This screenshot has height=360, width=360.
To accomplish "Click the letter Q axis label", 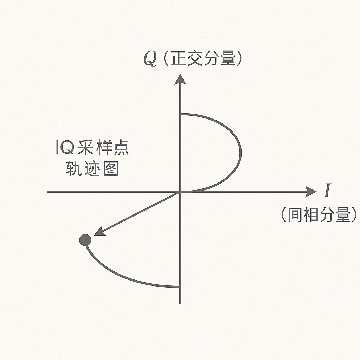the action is (x=150, y=60).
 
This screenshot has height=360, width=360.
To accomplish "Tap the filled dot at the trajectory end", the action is (x=85, y=240).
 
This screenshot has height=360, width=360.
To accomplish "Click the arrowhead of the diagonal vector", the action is (x=99, y=232).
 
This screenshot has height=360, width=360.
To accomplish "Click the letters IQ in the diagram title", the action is (x=65, y=148).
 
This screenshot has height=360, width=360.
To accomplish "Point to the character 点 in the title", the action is (x=121, y=148).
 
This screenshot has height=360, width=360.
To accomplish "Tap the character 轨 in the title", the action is (x=74, y=169).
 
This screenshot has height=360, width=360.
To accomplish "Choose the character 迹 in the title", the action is (x=92, y=169).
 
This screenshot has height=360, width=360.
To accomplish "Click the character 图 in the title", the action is (x=110, y=169).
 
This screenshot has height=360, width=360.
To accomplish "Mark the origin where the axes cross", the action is (x=180, y=192).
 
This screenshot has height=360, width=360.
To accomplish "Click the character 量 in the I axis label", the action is (x=345, y=214).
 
